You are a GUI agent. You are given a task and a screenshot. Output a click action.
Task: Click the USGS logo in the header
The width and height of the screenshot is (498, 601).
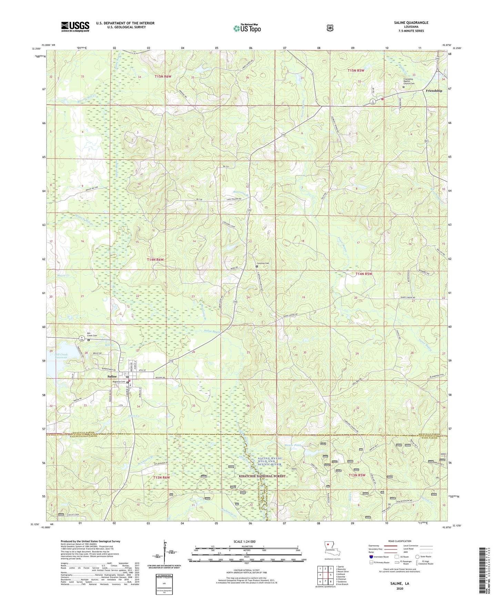coord(75,27)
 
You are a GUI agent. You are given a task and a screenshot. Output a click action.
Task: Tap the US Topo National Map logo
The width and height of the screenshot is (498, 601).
coord(247,28)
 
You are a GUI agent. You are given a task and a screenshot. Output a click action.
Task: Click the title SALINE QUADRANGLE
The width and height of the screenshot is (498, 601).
coord(411,23)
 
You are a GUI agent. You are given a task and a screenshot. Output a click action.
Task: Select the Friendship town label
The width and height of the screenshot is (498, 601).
coord(434,91)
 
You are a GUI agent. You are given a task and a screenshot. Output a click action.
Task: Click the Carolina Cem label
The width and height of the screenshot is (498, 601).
coord(263,263)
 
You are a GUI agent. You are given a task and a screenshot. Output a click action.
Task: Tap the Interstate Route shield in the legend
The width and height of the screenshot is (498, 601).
coord(371,557)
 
